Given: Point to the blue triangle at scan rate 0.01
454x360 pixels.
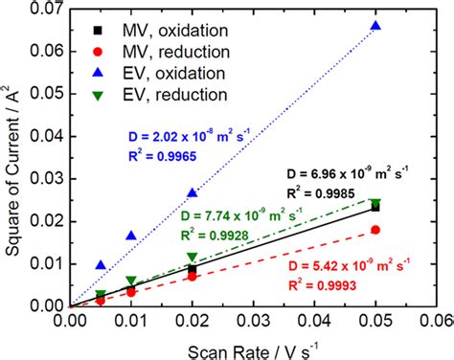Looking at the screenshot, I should (131, 235).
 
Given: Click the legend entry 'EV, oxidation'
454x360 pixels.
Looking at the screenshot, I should (153, 73).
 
